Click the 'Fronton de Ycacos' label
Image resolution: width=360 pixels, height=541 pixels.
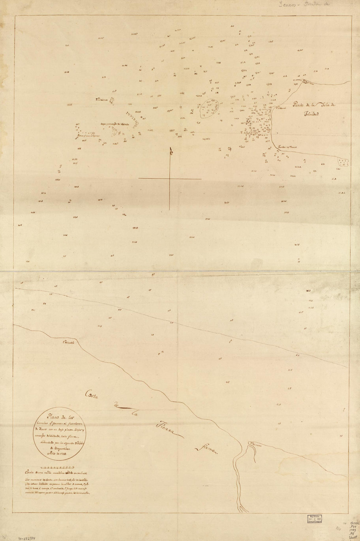[x=287, y=147]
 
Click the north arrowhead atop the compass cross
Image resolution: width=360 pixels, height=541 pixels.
[x=170, y=151]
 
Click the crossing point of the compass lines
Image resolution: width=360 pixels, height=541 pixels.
[x=170, y=178]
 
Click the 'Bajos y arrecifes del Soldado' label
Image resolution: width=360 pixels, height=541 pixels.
[x=115, y=124]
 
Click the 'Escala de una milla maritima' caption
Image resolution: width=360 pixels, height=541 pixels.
[x=54, y=473]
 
